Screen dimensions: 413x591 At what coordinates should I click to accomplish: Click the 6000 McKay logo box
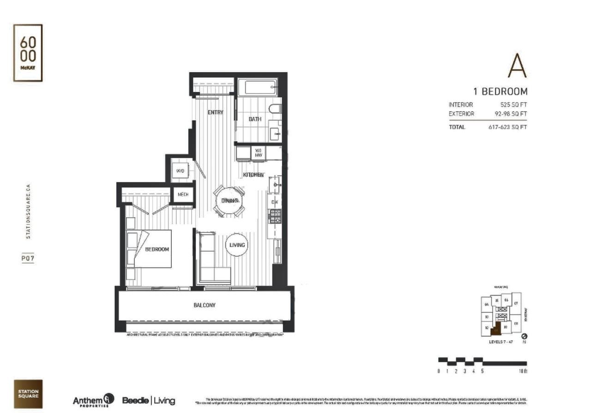(x=28, y=53)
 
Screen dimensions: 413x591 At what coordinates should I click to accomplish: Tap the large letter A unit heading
(x=517, y=66)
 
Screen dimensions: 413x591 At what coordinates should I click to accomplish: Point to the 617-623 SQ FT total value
(x=507, y=127)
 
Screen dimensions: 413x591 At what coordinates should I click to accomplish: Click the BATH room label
(x=255, y=119)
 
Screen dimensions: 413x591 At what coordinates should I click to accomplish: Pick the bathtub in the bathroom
(x=257, y=87)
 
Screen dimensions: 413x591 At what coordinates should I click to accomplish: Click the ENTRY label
(x=215, y=112)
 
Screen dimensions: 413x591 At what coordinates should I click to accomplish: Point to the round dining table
(x=229, y=200)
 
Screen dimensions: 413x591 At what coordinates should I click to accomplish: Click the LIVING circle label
(x=236, y=245)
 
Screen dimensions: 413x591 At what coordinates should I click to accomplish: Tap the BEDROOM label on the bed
(x=157, y=249)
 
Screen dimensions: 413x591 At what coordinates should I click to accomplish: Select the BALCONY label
(x=204, y=305)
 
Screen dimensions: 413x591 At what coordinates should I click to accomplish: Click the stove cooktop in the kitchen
(x=275, y=216)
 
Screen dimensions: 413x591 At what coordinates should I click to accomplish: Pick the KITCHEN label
(x=253, y=175)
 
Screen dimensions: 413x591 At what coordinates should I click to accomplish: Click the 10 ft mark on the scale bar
(x=524, y=371)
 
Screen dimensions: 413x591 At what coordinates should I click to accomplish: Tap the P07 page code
(x=28, y=259)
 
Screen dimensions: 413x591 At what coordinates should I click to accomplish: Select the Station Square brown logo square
(x=28, y=394)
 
